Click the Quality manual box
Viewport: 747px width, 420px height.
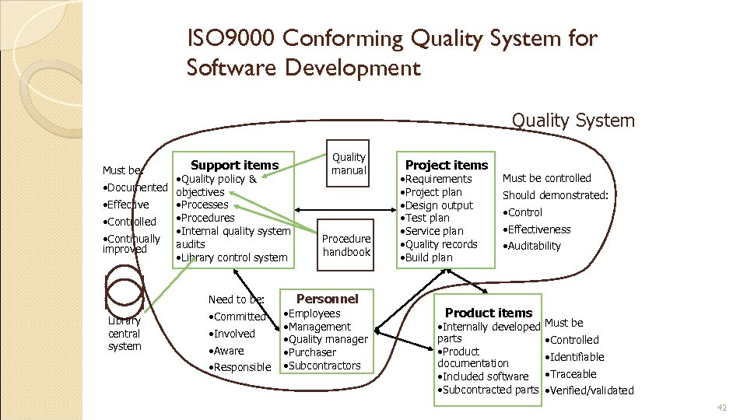(x=348, y=164)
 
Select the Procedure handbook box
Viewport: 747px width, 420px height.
(x=347, y=245)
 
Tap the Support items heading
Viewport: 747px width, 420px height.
(x=234, y=165)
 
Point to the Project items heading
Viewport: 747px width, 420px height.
(x=447, y=165)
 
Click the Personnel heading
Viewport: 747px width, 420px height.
(x=328, y=299)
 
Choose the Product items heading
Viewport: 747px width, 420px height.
(x=489, y=313)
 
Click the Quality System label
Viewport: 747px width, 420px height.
(x=573, y=120)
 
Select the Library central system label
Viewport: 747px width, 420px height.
(x=124, y=334)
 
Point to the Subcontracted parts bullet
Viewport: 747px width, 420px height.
(x=489, y=390)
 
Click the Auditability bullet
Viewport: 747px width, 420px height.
(x=532, y=246)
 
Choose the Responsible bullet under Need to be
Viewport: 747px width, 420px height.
(x=241, y=367)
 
